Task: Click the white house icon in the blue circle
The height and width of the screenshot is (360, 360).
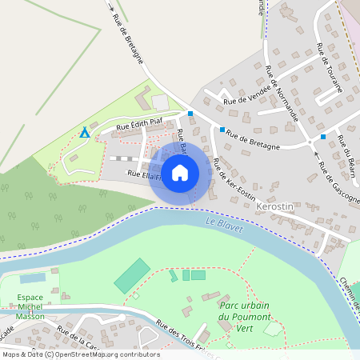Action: [180, 172]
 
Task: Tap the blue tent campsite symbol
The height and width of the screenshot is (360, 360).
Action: [84, 131]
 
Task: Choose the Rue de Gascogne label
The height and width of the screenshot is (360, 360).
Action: [339, 183]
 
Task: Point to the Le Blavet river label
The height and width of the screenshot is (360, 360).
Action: [222, 222]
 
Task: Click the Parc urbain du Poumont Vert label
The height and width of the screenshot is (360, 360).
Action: [246, 318]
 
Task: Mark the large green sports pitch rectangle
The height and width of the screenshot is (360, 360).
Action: [131, 275]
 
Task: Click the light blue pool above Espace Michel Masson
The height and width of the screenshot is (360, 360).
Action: [33, 278]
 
